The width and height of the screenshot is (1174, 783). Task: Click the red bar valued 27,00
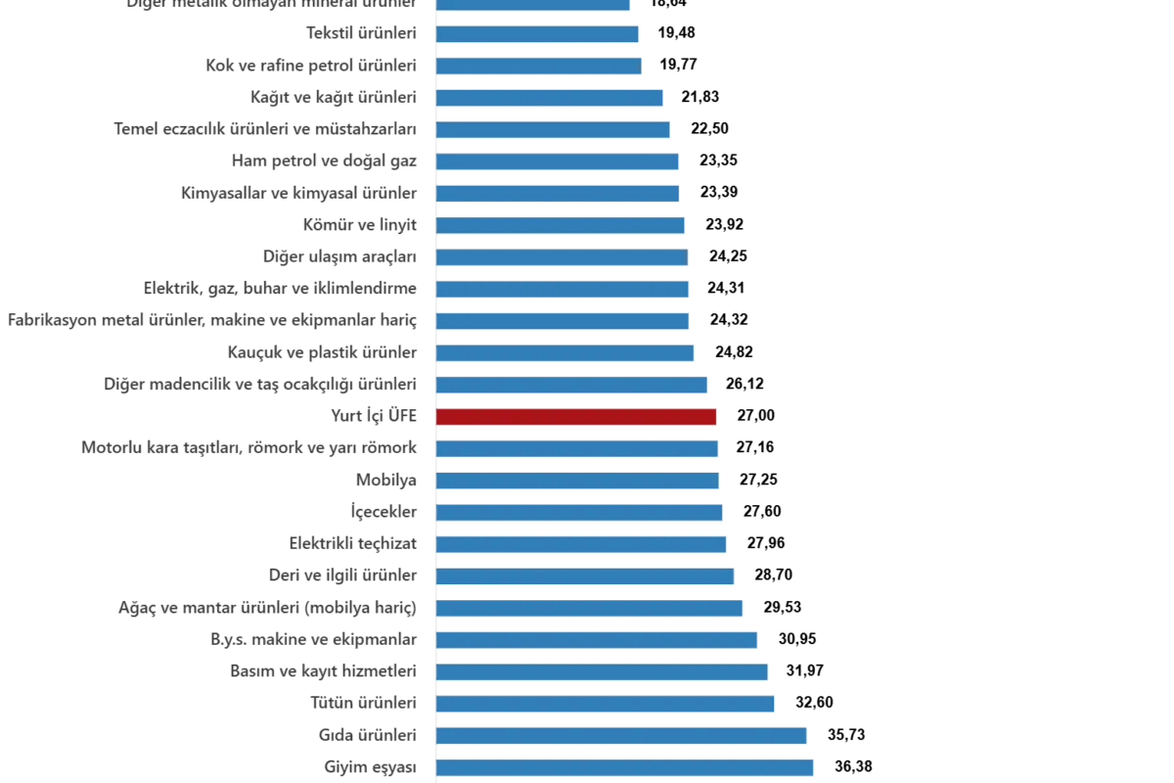point(577,417)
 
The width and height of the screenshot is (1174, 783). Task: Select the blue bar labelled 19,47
point(538,34)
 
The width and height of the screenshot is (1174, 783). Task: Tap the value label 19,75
point(679,66)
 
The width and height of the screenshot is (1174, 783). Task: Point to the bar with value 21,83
point(550,98)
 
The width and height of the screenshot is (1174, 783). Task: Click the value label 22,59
point(710,129)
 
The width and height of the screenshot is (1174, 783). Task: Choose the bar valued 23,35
point(558,161)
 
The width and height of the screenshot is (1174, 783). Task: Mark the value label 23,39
point(719,193)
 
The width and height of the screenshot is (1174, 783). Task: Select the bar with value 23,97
point(562,225)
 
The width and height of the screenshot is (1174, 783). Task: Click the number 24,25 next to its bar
point(727,256)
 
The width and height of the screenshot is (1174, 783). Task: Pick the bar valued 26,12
point(572,385)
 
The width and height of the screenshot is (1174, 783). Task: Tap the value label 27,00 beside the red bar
point(757,417)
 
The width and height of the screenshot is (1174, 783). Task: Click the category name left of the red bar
point(376,417)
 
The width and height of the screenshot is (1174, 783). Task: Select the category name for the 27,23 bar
point(387,481)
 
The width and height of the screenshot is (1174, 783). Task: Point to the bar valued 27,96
point(581,544)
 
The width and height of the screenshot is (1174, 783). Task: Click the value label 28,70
point(774,576)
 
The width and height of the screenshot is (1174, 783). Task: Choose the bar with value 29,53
point(589,608)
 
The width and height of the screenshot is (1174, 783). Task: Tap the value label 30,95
point(797,639)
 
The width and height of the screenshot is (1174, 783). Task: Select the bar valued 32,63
point(605,703)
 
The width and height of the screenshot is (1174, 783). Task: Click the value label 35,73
point(844,735)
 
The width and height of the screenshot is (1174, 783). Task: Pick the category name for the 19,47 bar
point(363,33)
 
